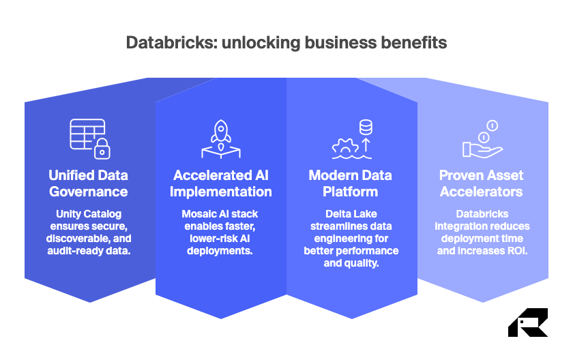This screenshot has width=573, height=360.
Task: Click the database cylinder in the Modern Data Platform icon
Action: (366, 127)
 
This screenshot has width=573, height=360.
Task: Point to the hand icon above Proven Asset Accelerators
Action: (480, 148)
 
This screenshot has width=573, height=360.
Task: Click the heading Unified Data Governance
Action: (87, 183)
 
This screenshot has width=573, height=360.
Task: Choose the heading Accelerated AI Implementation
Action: (221, 183)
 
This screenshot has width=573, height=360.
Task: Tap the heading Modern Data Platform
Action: (351, 183)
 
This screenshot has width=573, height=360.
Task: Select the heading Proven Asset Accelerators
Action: (483, 183)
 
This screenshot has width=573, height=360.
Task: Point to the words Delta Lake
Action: (351, 213)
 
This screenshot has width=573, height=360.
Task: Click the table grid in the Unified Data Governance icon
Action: (86, 133)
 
